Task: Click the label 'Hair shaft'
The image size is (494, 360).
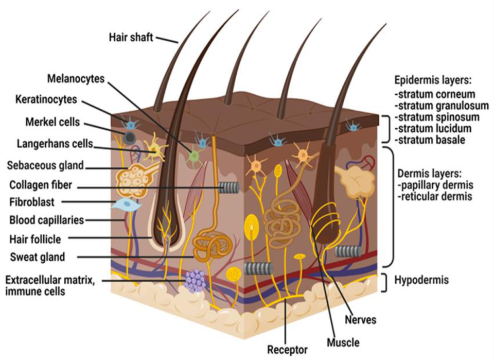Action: coord(131,37)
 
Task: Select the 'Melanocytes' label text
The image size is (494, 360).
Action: coord(76,79)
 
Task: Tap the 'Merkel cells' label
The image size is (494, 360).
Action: coord(52,122)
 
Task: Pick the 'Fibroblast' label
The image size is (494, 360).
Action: coord(32,202)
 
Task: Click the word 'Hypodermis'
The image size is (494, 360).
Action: coord(421,280)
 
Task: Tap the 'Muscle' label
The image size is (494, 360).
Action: coord(343,341)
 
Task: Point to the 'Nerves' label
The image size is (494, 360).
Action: coord(361,320)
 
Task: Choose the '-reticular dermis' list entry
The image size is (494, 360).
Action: coord(432,196)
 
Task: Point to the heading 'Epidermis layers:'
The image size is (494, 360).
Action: coord(433,81)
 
